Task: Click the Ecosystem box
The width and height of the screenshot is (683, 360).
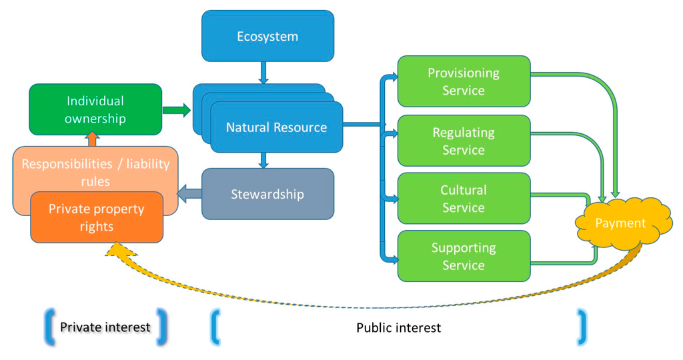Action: tap(267, 36)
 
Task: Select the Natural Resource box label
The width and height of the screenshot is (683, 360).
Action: tap(276, 127)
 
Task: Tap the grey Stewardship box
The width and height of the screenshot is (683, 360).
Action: tap(267, 194)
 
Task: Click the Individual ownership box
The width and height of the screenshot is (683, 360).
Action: tap(95, 109)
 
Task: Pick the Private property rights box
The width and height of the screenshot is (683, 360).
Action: tap(97, 217)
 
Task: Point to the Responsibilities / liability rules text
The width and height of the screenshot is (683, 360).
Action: tap(95, 171)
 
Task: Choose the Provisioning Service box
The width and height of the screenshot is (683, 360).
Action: tap(464, 81)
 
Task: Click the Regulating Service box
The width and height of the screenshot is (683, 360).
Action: tap(464, 141)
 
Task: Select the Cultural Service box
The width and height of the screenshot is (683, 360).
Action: tap(464, 198)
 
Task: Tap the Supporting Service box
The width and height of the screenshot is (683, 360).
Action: tap(464, 256)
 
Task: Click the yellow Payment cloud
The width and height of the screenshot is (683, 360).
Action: tap(620, 223)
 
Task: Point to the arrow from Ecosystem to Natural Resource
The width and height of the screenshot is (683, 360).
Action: tap(263, 72)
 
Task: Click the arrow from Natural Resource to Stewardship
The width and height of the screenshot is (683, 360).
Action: tap(263, 159)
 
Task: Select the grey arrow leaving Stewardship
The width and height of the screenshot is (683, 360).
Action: tap(189, 194)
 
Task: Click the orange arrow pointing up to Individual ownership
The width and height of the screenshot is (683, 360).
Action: tap(93, 140)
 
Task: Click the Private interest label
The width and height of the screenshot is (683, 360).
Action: tap(105, 327)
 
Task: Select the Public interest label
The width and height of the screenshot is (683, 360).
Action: tap(398, 327)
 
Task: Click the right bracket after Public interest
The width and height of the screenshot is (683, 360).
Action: tap(582, 327)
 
